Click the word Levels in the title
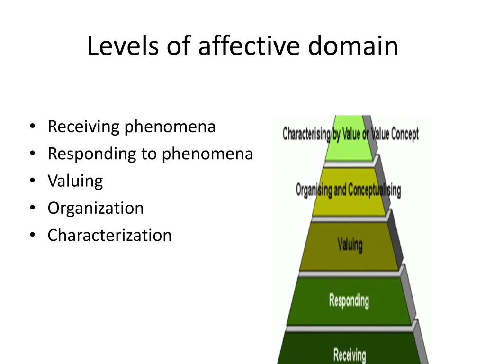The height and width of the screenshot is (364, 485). (x=121, y=46)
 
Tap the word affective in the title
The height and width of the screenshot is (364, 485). (x=249, y=46)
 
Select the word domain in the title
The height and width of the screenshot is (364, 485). (x=352, y=46)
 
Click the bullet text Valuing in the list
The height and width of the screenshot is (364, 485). (x=75, y=181)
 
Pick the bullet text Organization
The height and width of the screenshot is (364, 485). (x=95, y=209)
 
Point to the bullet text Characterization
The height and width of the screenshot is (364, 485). (x=109, y=235)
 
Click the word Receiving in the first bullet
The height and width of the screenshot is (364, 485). (x=83, y=127)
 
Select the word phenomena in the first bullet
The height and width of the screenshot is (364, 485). (x=170, y=127)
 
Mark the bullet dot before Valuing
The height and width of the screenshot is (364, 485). (x=32, y=181)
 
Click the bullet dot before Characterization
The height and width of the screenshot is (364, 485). (x=32, y=235)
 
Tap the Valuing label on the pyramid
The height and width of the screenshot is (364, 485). (x=350, y=245)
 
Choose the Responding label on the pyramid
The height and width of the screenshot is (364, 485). (x=349, y=300)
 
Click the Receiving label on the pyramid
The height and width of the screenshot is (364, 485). (x=350, y=355)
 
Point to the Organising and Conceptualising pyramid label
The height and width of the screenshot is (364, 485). (x=348, y=191)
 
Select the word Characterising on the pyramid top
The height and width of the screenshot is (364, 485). (x=306, y=134)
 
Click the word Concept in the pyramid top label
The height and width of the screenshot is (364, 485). (x=404, y=134)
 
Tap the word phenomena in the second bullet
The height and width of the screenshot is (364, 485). (x=207, y=154)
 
